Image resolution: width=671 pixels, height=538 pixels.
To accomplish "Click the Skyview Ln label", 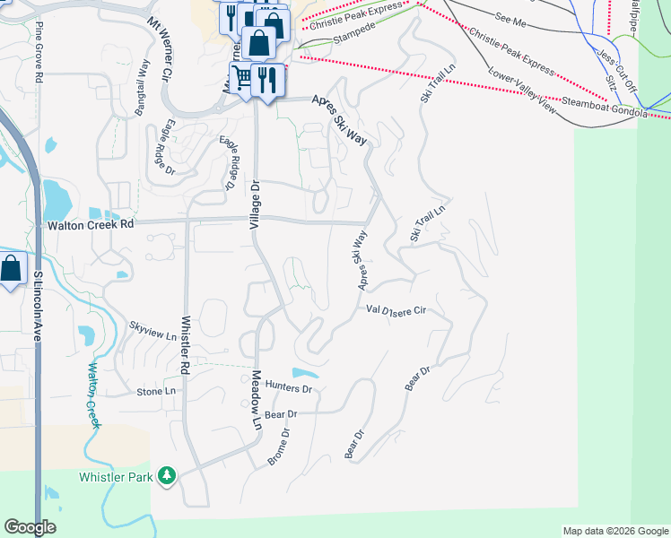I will click(152, 333).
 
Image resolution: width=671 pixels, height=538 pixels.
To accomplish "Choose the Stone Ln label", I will click(156, 392).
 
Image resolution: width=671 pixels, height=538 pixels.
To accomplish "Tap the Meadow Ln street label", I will click(256, 398).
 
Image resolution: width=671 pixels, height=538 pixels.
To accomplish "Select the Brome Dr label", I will click(280, 447).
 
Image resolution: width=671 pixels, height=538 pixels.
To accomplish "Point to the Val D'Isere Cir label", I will click(395, 310).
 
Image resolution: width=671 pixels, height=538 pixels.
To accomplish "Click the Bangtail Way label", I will click(142, 86).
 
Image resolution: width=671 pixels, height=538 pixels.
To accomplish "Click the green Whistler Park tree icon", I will click(166, 476).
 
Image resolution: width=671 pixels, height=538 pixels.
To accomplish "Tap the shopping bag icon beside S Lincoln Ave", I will click(11, 268).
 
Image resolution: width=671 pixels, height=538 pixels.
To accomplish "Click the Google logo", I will click(30, 527).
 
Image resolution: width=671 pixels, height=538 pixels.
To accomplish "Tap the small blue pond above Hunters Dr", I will click(305, 373).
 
